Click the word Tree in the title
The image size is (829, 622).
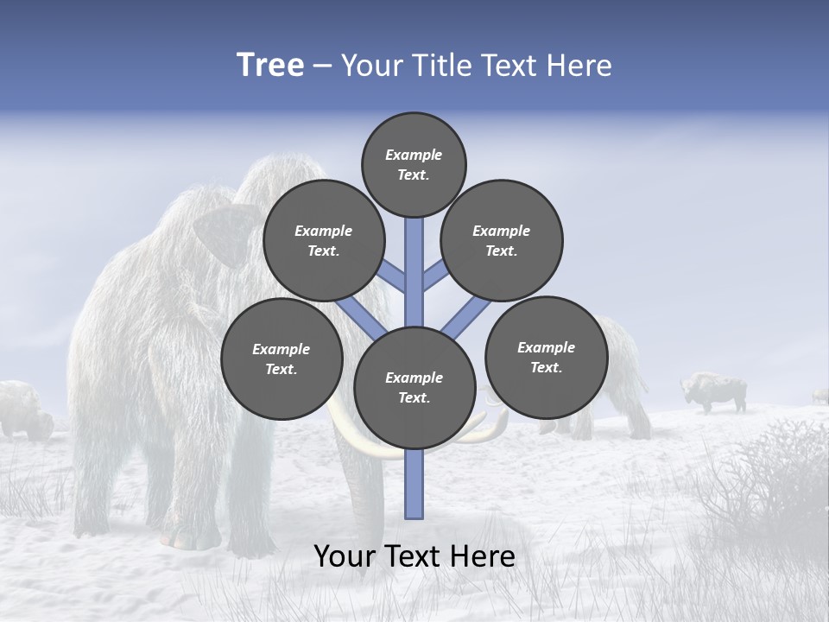(x=270, y=65)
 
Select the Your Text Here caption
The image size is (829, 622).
(x=414, y=556)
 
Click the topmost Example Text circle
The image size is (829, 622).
(x=414, y=164)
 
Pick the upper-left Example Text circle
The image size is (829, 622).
(x=323, y=240)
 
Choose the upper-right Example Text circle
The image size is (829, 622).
(x=502, y=240)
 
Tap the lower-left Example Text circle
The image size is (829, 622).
(x=282, y=359)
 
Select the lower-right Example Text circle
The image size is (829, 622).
(x=546, y=357)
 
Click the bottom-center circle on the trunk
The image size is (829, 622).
(x=414, y=387)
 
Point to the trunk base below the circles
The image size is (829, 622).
(x=414, y=488)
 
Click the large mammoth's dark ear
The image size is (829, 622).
(x=226, y=233)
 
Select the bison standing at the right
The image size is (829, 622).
(x=716, y=391)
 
